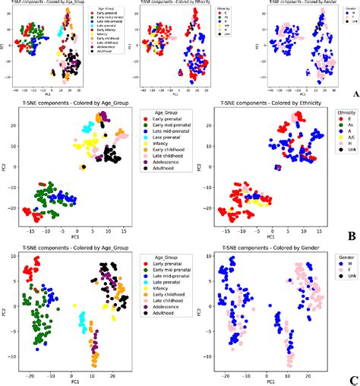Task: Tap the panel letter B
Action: (x=351, y=236)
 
